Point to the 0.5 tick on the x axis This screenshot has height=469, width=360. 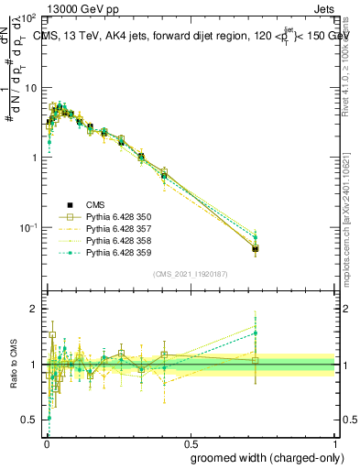(191, 441)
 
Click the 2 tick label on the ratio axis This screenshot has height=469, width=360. (34, 309)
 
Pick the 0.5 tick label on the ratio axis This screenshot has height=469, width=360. (30, 420)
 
